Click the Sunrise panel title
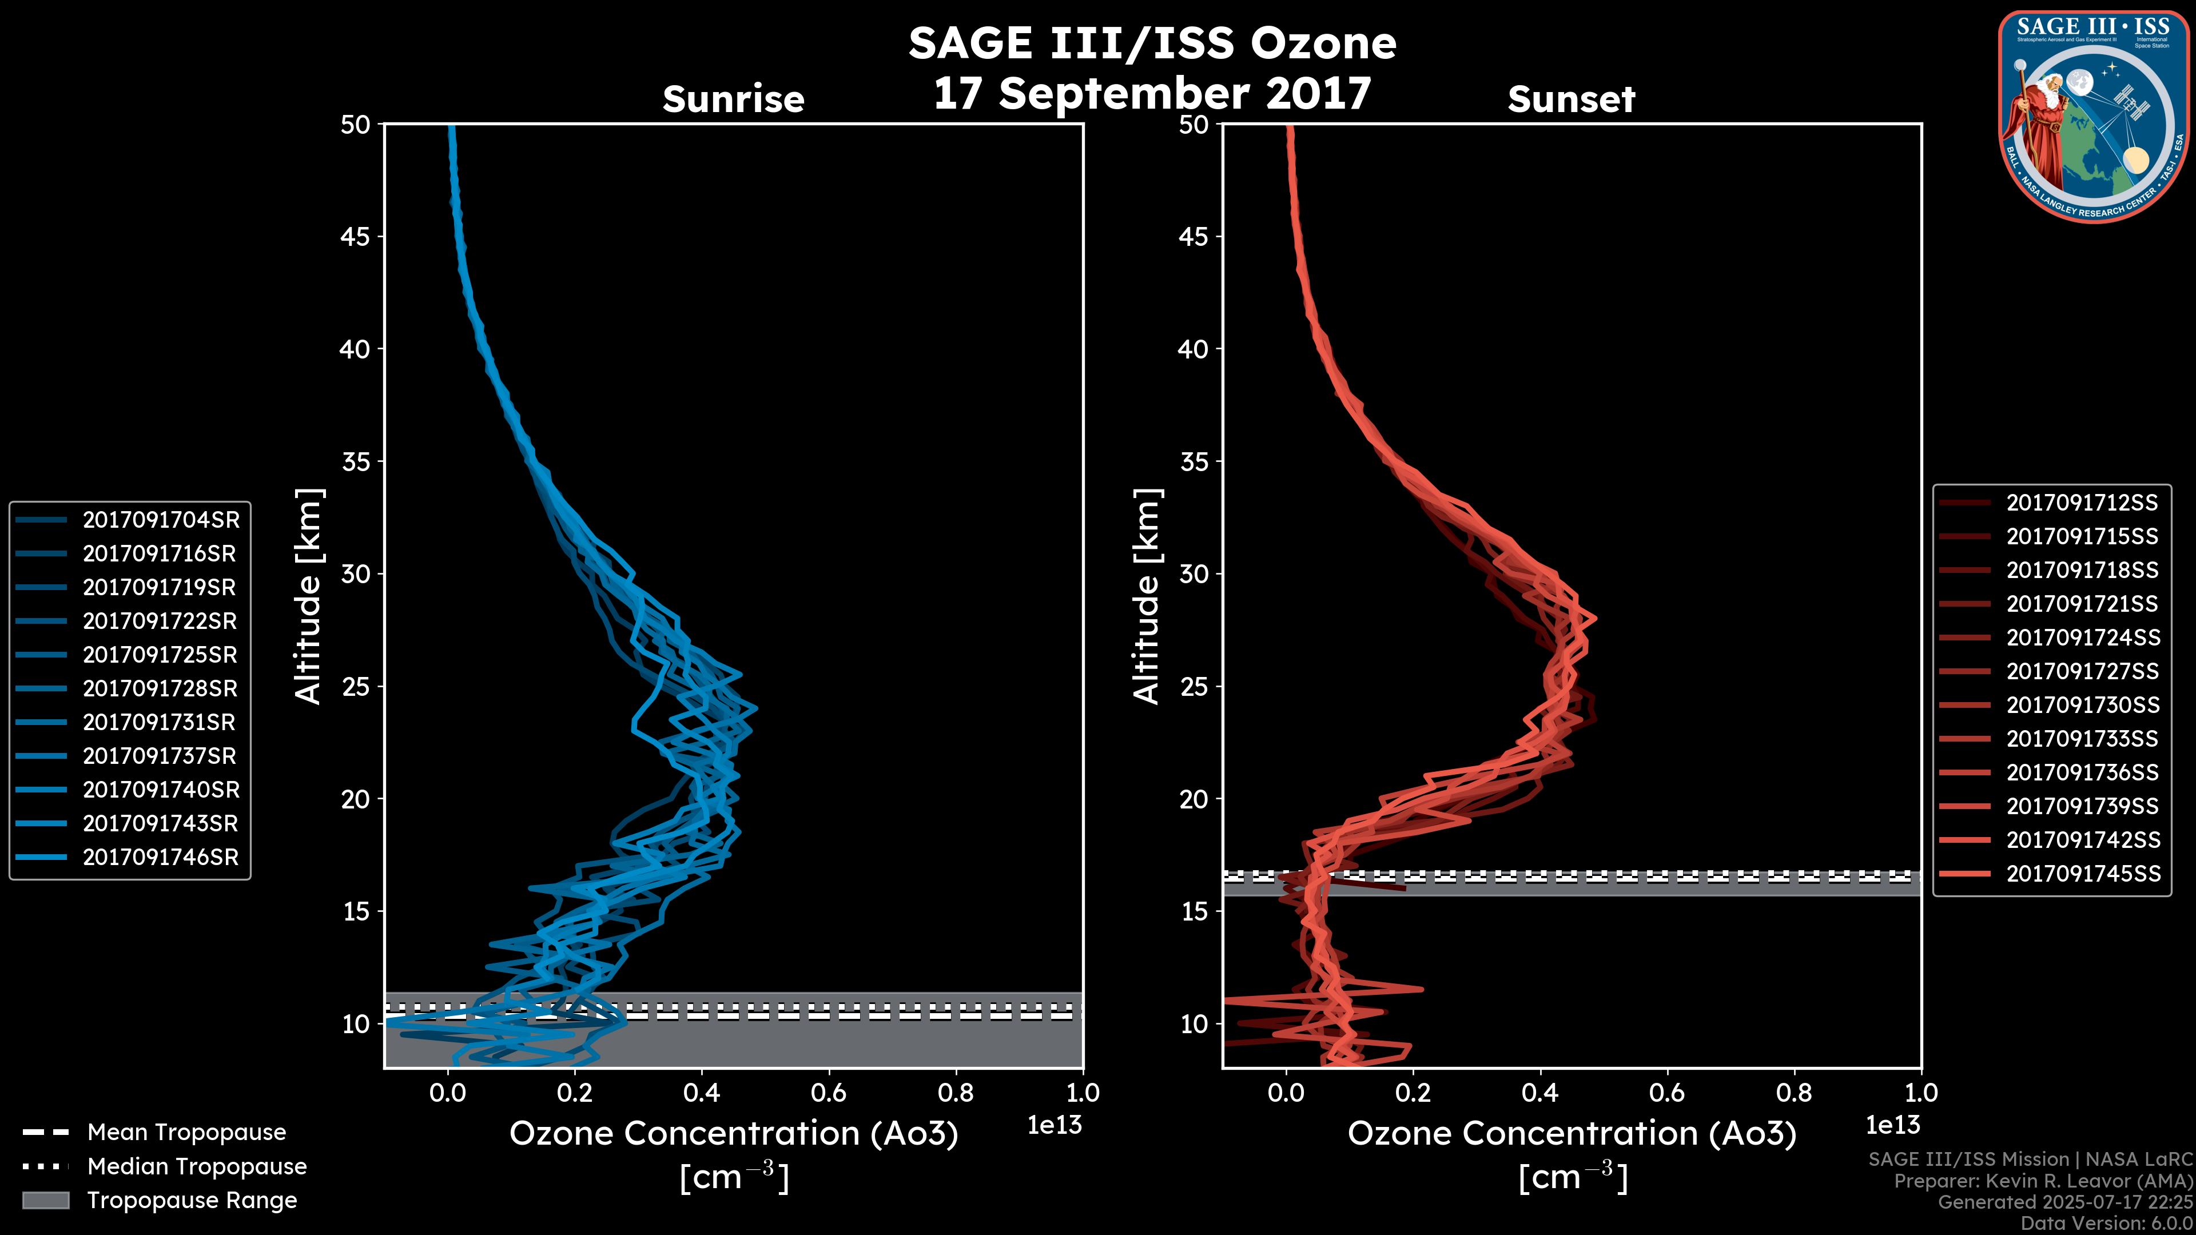[733, 99]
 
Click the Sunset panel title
[1571, 99]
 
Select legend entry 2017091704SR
[160, 520]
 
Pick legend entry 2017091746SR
[160, 858]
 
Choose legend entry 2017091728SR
[160, 688]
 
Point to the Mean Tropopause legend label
[186, 1133]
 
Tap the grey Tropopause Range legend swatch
[46, 1200]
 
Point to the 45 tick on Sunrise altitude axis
[356, 237]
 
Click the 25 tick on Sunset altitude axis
[1194, 687]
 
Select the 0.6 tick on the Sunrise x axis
[829, 1093]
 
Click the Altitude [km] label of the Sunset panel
[1147, 596]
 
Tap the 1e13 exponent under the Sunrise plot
[1055, 1126]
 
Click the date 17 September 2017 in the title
[1152, 93]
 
